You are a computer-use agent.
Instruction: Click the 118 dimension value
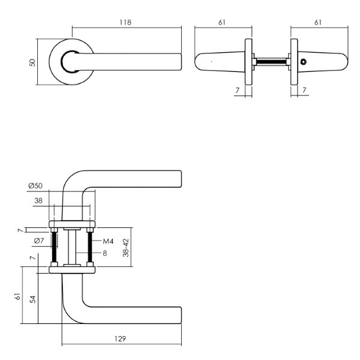(125, 23)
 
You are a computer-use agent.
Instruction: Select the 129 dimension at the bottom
(120, 338)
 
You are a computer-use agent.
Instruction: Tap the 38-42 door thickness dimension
(126, 247)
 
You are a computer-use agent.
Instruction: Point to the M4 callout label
(108, 241)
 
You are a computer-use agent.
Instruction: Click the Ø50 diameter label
(35, 185)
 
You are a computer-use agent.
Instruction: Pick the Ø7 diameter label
(39, 241)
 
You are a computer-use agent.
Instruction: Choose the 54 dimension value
(33, 299)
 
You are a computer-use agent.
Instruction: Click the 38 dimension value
(38, 200)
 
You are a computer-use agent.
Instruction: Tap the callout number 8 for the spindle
(104, 253)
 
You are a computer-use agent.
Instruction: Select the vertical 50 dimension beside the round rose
(32, 62)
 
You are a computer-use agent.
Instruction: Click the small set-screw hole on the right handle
(304, 62)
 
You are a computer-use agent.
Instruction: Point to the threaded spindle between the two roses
(271, 62)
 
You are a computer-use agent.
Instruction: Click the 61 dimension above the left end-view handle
(222, 23)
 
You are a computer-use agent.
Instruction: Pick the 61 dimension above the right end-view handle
(318, 23)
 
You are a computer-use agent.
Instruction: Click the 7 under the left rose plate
(237, 90)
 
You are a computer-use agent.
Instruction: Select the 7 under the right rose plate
(304, 90)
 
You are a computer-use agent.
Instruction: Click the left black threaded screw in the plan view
(55, 247)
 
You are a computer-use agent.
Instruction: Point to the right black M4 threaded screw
(90, 247)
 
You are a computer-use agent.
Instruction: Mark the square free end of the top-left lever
(181, 62)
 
